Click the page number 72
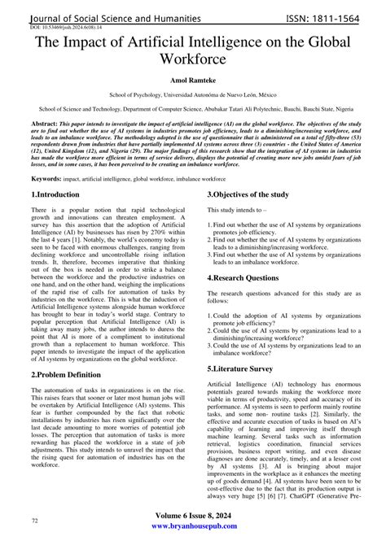pos(35,520)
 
